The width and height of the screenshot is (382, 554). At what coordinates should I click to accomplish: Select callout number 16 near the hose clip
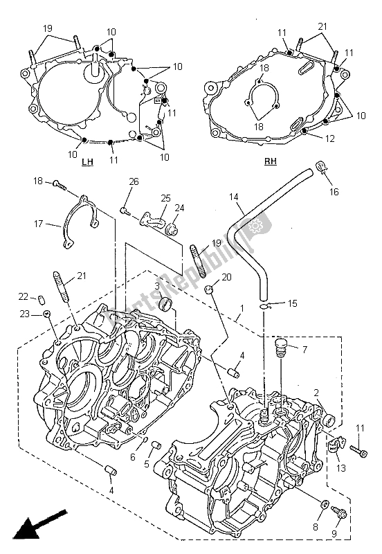pos(334,192)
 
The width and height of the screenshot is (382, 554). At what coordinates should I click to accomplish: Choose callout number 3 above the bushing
pos(157,286)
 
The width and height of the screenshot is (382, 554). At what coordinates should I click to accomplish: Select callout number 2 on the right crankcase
pos(316,393)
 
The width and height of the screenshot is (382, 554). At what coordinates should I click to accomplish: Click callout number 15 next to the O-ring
pos(292,303)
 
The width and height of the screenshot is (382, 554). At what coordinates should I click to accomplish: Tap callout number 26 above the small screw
pos(134,182)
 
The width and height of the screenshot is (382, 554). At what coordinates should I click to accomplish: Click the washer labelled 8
pos(325,503)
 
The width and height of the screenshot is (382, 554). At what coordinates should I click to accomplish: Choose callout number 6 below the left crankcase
pos(133,457)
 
